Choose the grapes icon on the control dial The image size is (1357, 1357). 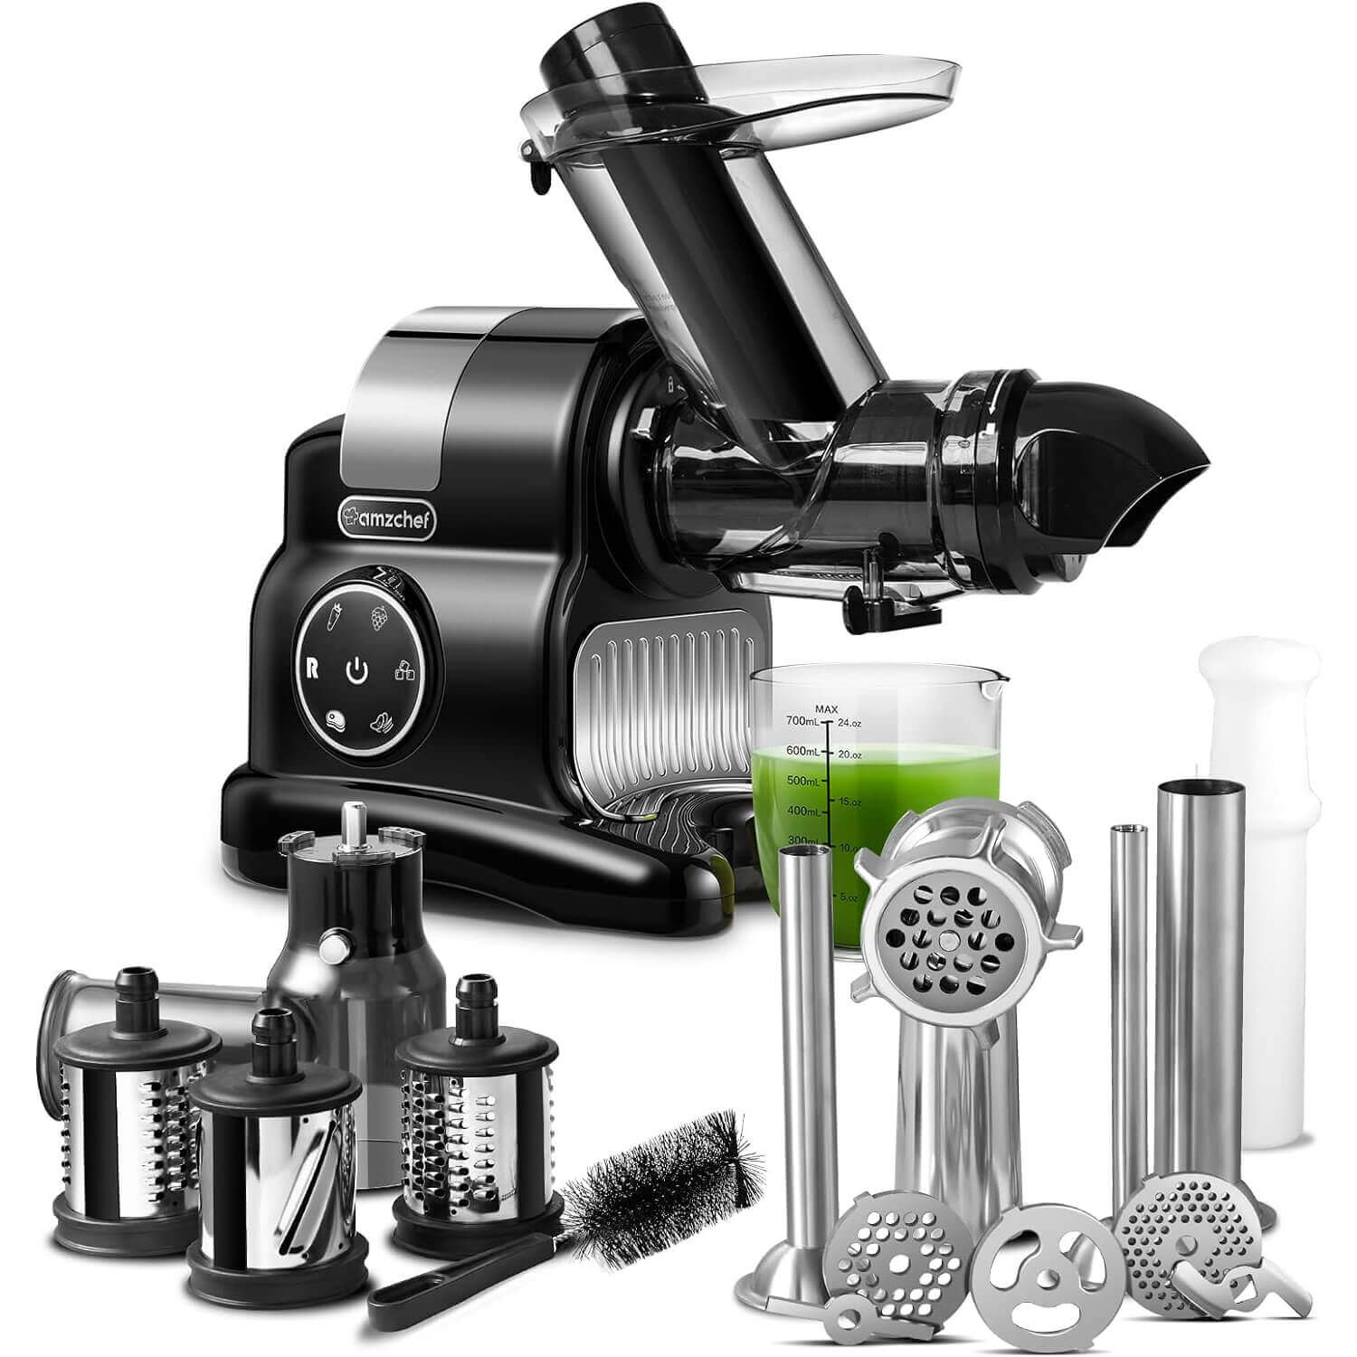tap(381, 619)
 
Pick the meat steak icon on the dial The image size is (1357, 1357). tap(337, 722)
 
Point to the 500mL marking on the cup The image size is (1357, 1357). tap(802, 780)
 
